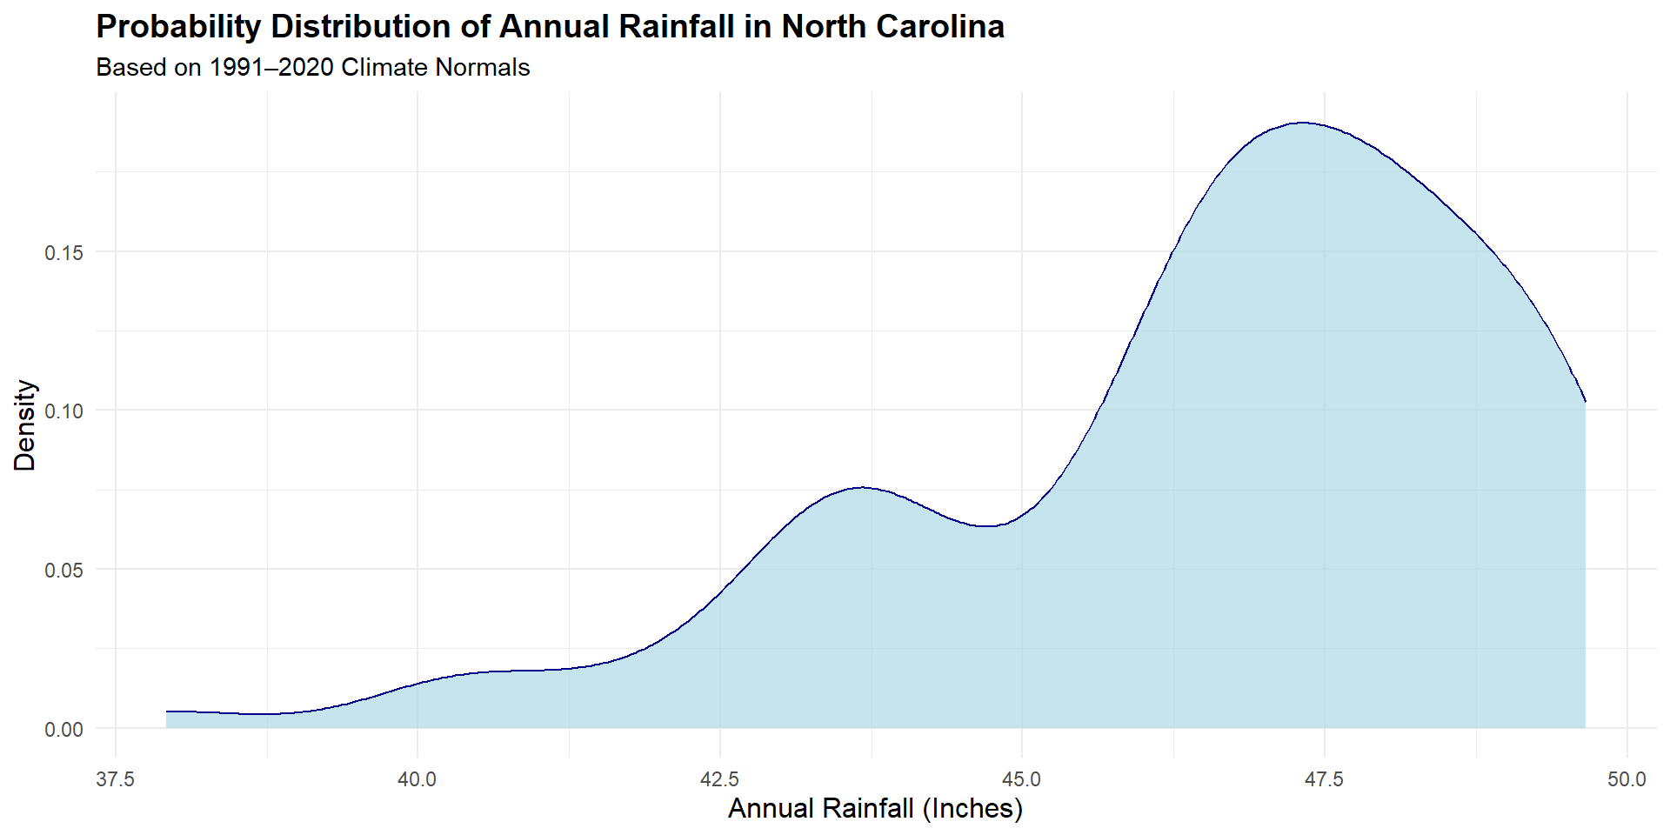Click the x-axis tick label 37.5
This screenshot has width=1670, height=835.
[x=115, y=779]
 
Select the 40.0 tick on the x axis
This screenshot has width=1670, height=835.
[x=417, y=779]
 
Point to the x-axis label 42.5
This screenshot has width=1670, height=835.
[x=719, y=779]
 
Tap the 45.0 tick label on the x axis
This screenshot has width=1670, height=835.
[x=1022, y=779]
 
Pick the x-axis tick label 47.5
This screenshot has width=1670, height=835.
[x=1324, y=779]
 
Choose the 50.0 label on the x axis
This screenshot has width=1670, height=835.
[x=1627, y=779]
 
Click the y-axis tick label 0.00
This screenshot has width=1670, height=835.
[x=64, y=729]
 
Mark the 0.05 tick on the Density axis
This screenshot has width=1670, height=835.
[x=64, y=570]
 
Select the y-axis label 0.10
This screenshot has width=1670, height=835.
[x=64, y=411]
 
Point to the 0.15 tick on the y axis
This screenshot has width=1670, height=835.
[x=64, y=252]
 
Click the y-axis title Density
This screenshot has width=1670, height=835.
[x=25, y=425]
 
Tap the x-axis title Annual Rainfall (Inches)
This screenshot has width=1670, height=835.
[x=875, y=809]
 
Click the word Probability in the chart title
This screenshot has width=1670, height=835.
[x=178, y=27]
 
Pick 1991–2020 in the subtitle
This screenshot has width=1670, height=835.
[x=271, y=68]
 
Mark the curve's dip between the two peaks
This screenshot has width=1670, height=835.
[x=986, y=526]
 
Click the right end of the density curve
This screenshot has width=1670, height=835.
[x=1586, y=402]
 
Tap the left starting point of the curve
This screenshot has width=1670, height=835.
[x=167, y=711]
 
